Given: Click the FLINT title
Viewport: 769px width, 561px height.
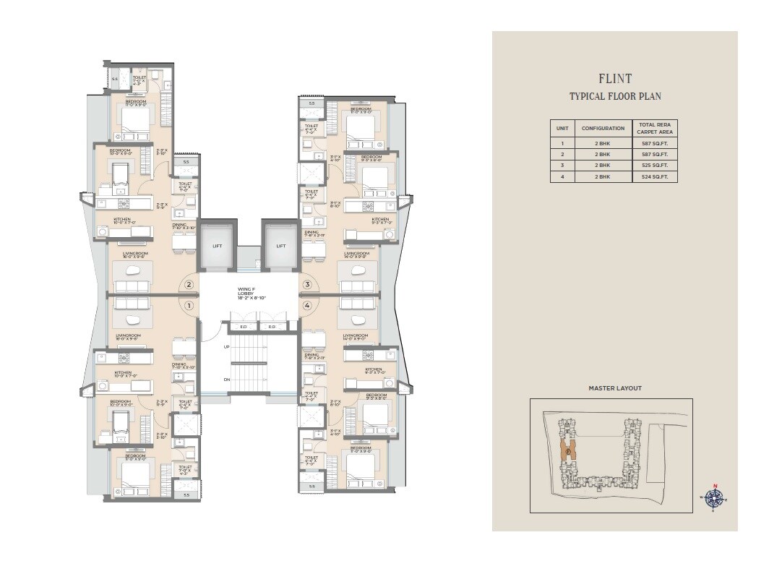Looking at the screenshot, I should pyautogui.click(x=615, y=79).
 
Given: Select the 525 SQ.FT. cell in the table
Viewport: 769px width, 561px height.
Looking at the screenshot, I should pyautogui.click(x=655, y=165).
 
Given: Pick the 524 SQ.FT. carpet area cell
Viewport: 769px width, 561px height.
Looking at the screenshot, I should pyautogui.click(x=655, y=176).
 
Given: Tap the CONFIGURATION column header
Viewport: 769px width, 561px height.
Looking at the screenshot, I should pyautogui.click(x=603, y=129).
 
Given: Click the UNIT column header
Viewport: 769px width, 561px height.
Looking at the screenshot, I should pyautogui.click(x=562, y=129).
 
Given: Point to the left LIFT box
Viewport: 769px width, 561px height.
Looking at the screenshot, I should pyautogui.click(x=218, y=246).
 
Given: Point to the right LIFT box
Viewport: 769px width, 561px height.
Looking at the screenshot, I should pyautogui.click(x=281, y=246).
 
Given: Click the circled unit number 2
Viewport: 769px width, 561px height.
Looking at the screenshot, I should pyautogui.click(x=189, y=285).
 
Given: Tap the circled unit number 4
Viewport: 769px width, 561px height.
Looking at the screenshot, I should pyautogui.click(x=307, y=305).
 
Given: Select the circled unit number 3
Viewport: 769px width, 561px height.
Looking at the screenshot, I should pyautogui.click(x=307, y=285).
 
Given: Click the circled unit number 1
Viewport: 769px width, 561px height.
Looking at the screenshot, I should pyautogui.click(x=189, y=305).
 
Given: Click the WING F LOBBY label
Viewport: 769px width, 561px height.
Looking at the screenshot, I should pyautogui.click(x=248, y=292).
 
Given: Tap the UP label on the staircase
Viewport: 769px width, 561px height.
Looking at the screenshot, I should pyautogui.click(x=227, y=348).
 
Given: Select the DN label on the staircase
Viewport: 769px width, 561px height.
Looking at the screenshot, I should pyautogui.click(x=227, y=380).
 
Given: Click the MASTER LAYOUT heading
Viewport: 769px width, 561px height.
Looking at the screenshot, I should pyautogui.click(x=614, y=388).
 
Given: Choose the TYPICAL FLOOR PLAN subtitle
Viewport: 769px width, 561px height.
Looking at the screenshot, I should pyautogui.click(x=615, y=96).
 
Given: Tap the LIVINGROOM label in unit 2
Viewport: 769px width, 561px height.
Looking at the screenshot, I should pyautogui.click(x=135, y=254).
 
